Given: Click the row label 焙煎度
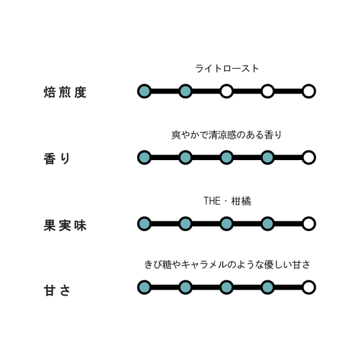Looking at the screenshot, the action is pyautogui.click(x=65, y=93).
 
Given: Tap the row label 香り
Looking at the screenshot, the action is pyautogui.click(x=57, y=159).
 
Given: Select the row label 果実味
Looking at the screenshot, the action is pyautogui.click(x=65, y=225).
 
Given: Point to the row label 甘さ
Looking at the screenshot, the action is pyautogui.click(x=57, y=290).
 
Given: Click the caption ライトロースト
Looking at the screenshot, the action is pyautogui.click(x=227, y=69).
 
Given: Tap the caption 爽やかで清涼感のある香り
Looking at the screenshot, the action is pyautogui.click(x=227, y=135).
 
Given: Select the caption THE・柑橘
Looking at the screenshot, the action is pyautogui.click(x=227, y=201).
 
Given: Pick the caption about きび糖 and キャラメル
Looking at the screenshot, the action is pyautogui.click(x=227, y=265).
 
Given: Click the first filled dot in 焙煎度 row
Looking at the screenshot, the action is pyautogui.click(x=145, y=91).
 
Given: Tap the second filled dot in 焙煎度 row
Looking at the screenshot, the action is pyautogui.click(x=186, y=91).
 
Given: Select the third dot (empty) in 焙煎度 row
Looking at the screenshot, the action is pyautogui.click(x=227, y=91).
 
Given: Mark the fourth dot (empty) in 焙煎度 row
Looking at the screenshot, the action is pyautogui.click(x=267, y=91).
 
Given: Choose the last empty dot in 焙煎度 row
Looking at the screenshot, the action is pyautogui.click(x=309, y=91).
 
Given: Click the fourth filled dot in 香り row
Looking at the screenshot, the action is pyautogui.click(x=267, y=157).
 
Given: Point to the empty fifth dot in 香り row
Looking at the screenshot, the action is pyautogui.click(x=309, y=157).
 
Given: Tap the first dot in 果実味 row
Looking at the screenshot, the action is pyautogui.click(x=145, y=224).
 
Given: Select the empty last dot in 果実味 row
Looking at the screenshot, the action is pyautogui.click(x=309, y=224).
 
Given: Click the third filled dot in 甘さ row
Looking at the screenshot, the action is pyautogui.click(x=227, y=287).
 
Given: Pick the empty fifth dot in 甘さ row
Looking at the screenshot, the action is pyautogui.click(x=309, y=287).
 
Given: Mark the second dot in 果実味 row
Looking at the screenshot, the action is pyautogui.click(x=186, y=224).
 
